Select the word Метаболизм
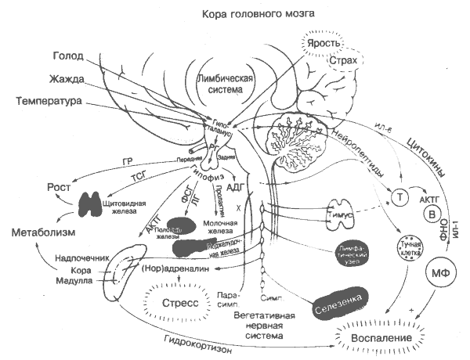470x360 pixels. pyautogui.click(x=45, y=234)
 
